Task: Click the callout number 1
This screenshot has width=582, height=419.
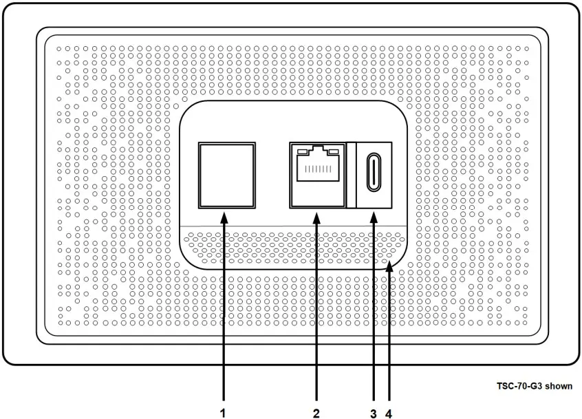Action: point(223,413)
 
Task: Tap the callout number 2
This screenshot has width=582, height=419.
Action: point(316,413)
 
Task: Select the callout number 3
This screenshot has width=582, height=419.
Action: point(374,413)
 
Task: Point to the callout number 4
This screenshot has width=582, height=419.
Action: point(389,413)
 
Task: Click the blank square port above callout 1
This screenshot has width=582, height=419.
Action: point(226,174)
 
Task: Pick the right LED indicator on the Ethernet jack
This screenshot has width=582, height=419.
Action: point(334,151)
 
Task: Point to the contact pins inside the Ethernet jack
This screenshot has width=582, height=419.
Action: point(316,169)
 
